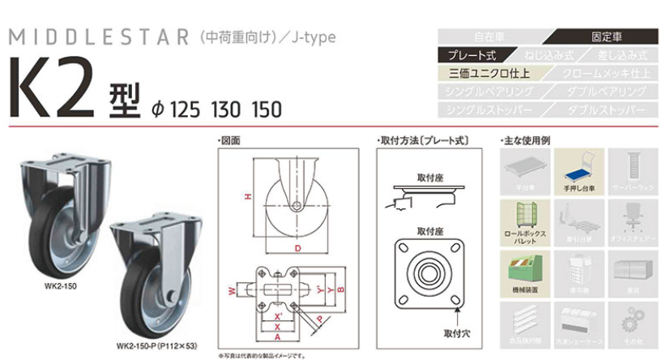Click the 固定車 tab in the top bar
click(x=606, y=37)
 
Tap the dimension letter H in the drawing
click(x=249, y=197)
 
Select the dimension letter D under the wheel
click(x=297, y=247)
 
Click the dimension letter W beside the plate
click(x=231, y=290)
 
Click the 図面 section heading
click(x=230, y=140)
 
